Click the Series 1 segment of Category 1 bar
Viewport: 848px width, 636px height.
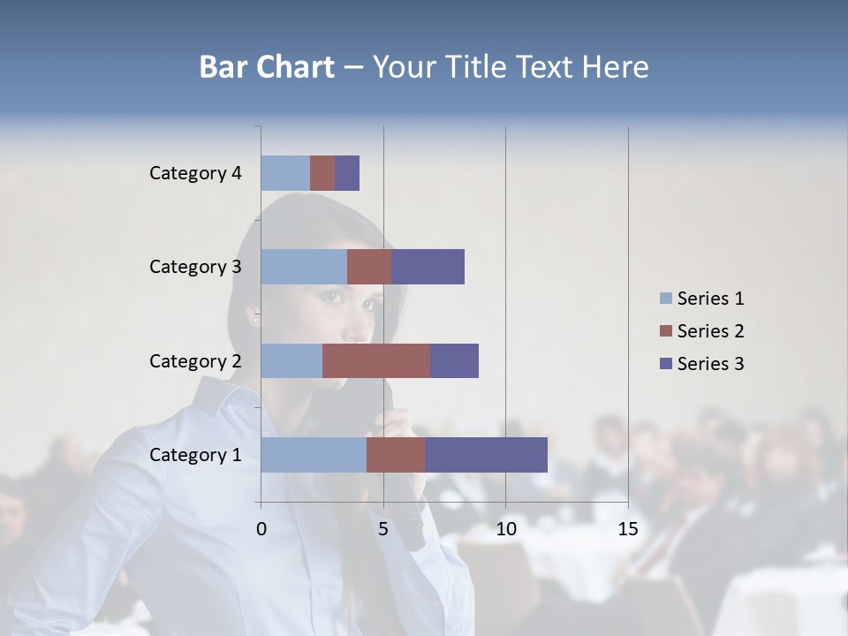click(313, 455)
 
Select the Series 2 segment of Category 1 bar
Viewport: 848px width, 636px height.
click(395, 455)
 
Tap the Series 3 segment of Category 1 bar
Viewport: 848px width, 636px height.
click(486, 455)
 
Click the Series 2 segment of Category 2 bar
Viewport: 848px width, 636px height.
click(375, 360)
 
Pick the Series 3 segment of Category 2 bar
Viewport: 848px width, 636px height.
click(454, 360)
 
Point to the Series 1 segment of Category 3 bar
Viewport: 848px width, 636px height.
click(303, 267)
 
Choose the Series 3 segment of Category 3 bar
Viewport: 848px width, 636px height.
click(428, 267)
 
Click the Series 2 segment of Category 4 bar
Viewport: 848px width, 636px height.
click(322, 173)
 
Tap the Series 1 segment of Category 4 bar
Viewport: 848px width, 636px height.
click(284, 173)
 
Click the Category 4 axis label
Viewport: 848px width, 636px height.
click(195, 173)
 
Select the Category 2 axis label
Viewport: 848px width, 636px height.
click(195, 360)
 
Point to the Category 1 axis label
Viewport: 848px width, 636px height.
click(195, 455)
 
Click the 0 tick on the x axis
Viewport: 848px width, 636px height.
click(261, 529)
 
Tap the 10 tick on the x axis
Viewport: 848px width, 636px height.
click(505, 529)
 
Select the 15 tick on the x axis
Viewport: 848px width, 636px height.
click(627, 529)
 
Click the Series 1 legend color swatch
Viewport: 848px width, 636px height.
click(666, 299)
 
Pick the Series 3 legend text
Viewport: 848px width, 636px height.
click(710, 364)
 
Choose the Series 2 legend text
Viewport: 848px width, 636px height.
click(710, 331)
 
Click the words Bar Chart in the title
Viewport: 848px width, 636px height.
click(266, 67)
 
